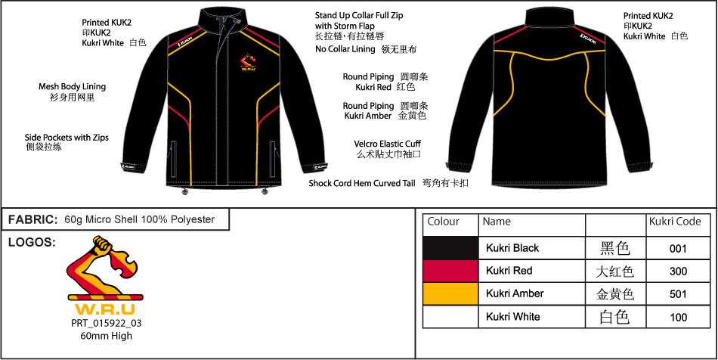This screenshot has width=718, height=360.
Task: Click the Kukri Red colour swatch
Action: (450, 271)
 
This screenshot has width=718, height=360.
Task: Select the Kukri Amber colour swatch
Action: (450, 293)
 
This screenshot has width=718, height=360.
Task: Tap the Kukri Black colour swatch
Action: (450, 248)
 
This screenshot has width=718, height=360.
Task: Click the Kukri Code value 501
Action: (678, 294)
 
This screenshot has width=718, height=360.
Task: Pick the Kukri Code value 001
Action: (678, 249)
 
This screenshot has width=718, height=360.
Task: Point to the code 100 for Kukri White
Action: (678, 318)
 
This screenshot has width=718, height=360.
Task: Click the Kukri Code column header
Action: (675, 222)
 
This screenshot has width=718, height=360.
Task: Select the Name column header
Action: (497, 222)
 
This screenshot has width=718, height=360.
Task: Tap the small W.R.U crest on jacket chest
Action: (248, 62)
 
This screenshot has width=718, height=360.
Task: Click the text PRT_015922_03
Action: (107, 324)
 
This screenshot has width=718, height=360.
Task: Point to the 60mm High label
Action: (107, 336)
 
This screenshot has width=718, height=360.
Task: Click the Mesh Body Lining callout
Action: (72, 86)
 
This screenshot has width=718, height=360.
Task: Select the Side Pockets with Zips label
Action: (67, 138)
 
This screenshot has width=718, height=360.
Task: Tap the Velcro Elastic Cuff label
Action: (388, 144)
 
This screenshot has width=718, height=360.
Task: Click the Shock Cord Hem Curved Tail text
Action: (362, 183)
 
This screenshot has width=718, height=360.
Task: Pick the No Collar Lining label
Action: (345, 49)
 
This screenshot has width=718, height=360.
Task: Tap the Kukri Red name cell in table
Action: (509, 271)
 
